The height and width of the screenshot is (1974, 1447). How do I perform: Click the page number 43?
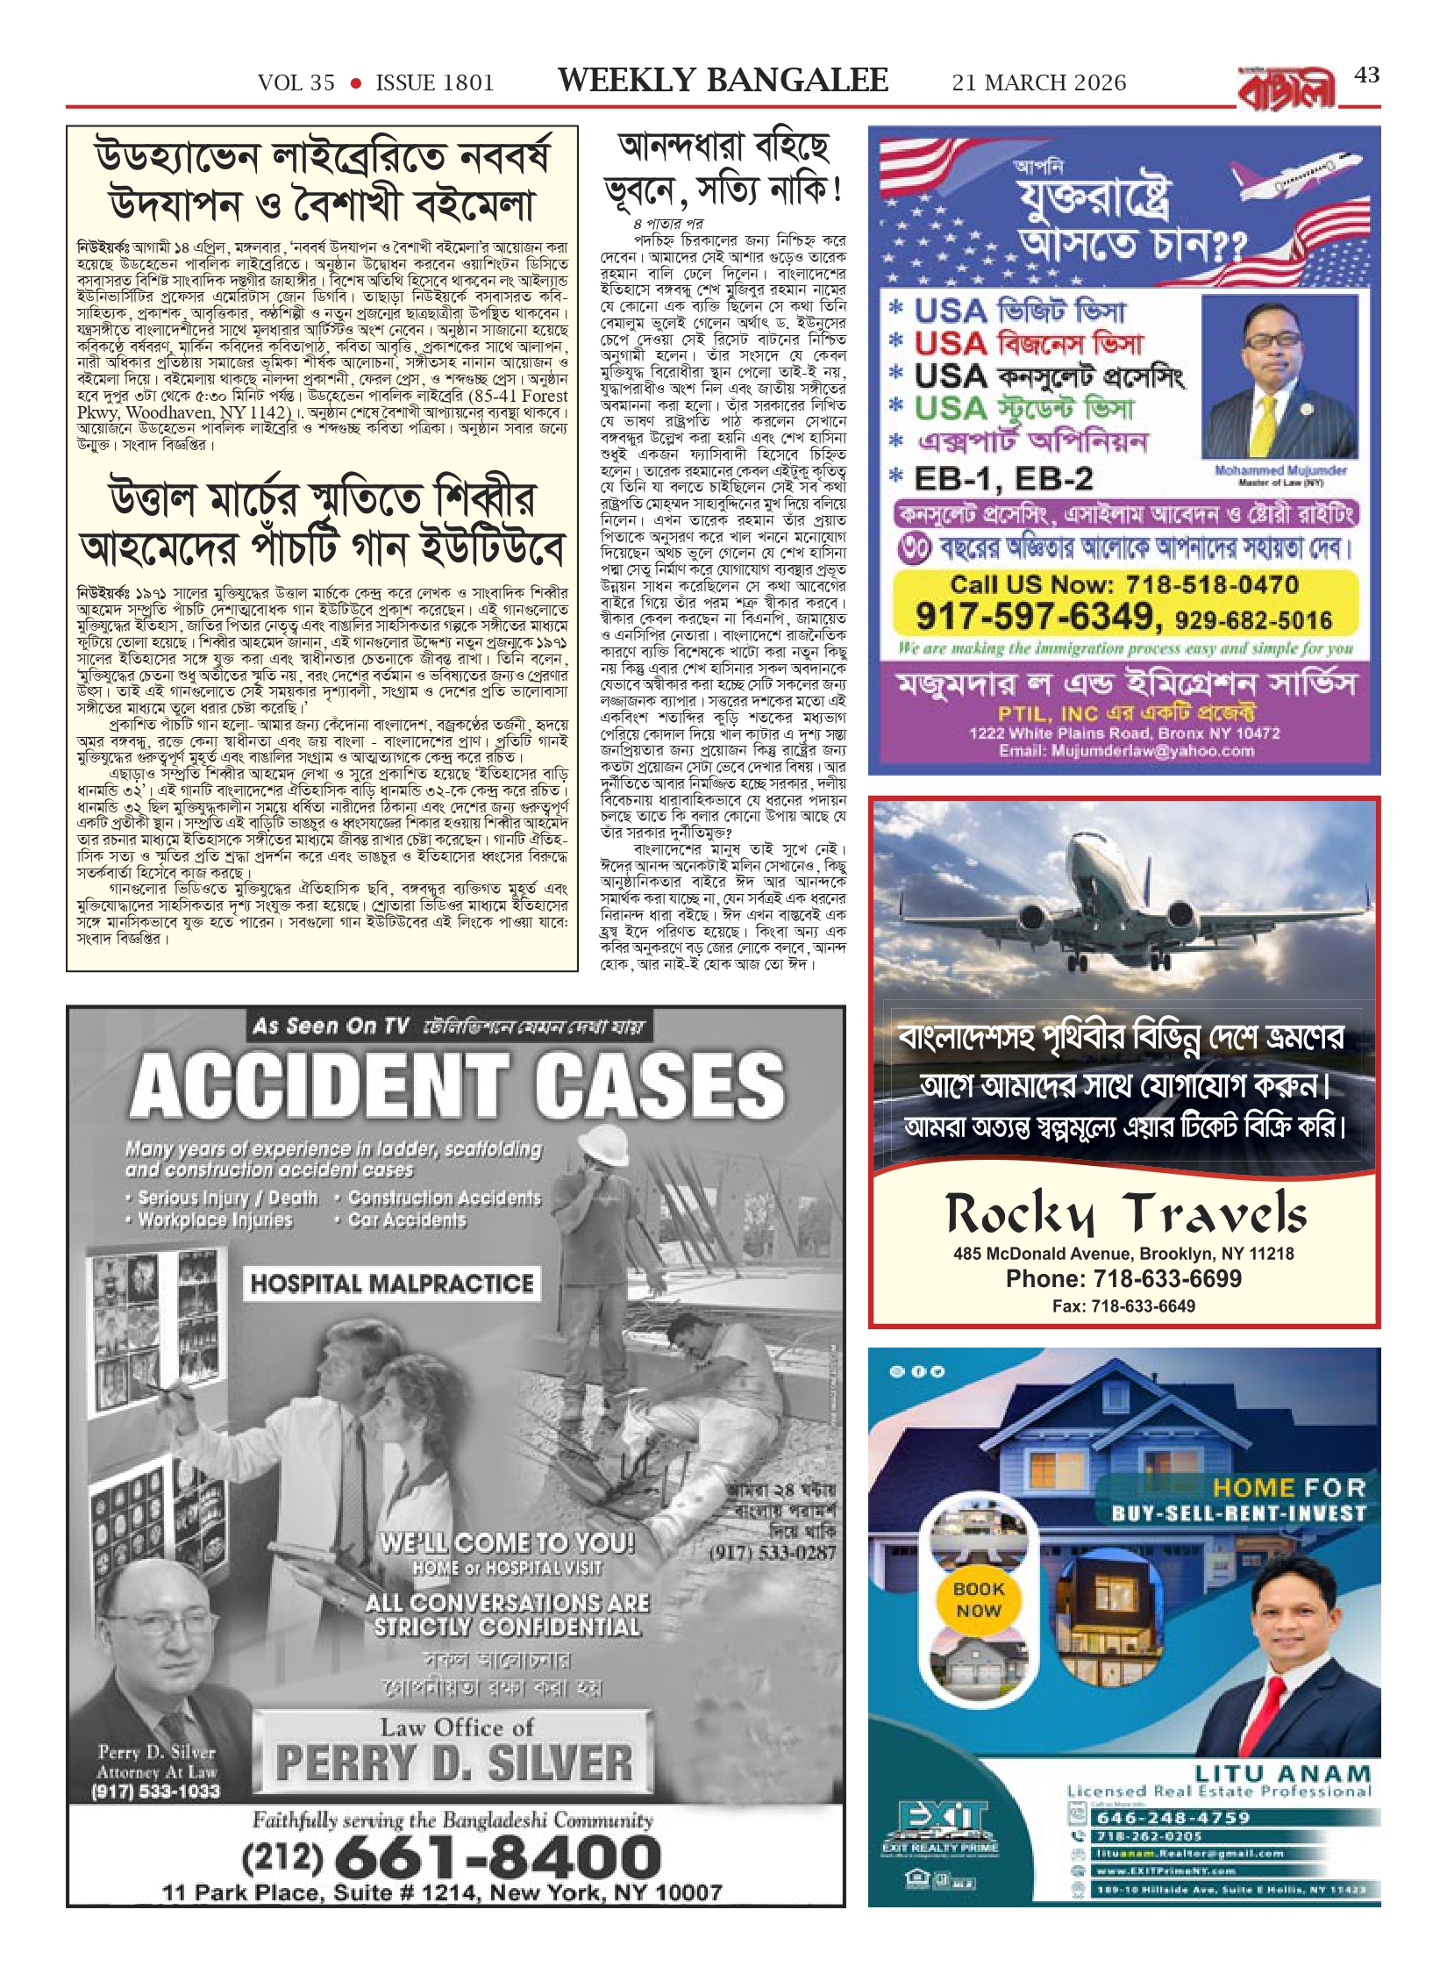click(1366, 75)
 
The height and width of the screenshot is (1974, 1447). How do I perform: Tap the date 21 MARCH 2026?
click(1039, 82)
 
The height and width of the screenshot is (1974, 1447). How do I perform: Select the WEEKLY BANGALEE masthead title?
click(723, 81)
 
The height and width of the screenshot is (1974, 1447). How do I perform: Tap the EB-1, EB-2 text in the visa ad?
click(1003, 478)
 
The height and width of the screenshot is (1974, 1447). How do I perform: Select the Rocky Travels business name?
click(1125, 1215)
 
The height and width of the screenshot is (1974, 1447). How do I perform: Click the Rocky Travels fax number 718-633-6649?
click(1123, 1306)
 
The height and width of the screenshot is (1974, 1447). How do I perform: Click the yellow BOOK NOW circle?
click(978, 1599)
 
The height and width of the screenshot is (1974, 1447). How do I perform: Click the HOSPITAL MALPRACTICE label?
click(391, 1284)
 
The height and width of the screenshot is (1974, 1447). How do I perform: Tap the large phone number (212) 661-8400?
click(451, 1856)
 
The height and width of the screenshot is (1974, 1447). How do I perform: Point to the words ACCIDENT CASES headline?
click(457, 1086)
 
